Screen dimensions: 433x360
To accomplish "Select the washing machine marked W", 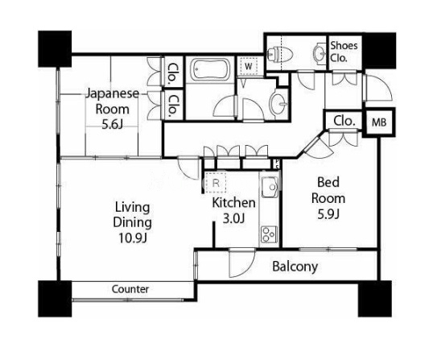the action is pos(249,66).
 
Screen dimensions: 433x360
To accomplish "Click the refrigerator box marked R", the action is pos(216,183).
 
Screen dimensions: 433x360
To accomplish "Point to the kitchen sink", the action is pos(270,187).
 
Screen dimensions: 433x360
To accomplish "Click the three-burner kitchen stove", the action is pos(269,234).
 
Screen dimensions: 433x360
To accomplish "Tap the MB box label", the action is pos(379,122).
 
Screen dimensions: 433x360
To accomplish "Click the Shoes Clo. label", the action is pos(344,52).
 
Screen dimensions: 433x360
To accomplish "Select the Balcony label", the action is pos(295,267).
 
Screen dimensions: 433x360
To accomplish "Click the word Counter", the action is pos(130,289).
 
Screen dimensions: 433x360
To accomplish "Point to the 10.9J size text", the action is pos(132,238).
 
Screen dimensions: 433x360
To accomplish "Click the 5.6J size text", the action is pos(112,125).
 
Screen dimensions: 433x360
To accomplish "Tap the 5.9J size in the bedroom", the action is pos(328,214).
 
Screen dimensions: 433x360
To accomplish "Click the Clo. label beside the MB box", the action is pos(344,121).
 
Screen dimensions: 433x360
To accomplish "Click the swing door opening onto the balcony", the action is pos(241,263).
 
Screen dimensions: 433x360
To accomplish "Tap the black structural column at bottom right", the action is pos(375,299).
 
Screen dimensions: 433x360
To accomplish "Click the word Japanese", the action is pos(112,94).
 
